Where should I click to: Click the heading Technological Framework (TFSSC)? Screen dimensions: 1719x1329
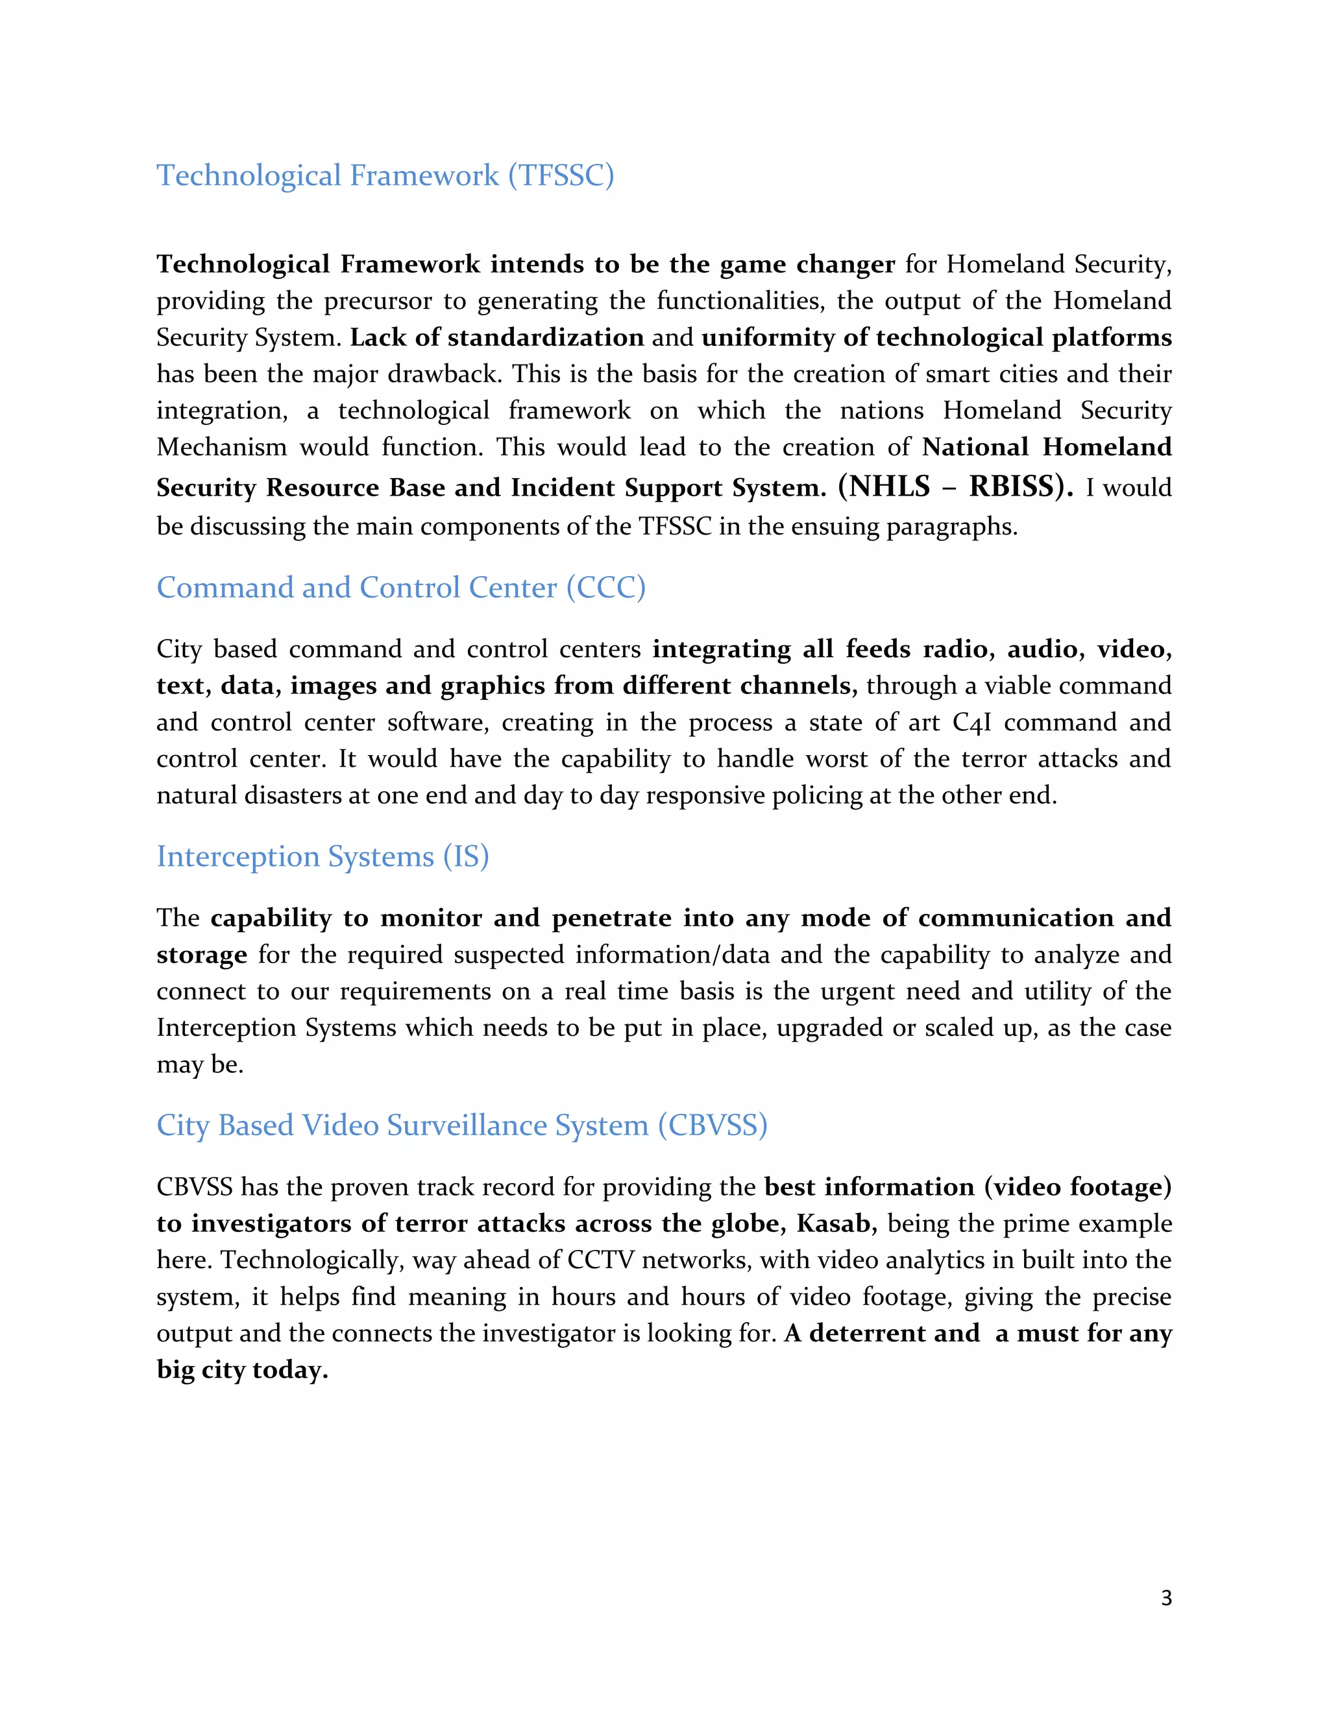[x=385, y=176]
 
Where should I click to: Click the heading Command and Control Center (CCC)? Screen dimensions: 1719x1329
[x=401, y=588]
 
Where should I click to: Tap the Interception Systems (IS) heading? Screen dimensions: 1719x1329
[x=323, y=856]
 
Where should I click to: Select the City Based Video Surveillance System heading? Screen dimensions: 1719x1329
[x=461, y=1125]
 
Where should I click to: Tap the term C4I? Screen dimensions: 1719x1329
[x=971, y=723]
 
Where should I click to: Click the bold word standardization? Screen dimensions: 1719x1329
[x=546, y=338]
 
